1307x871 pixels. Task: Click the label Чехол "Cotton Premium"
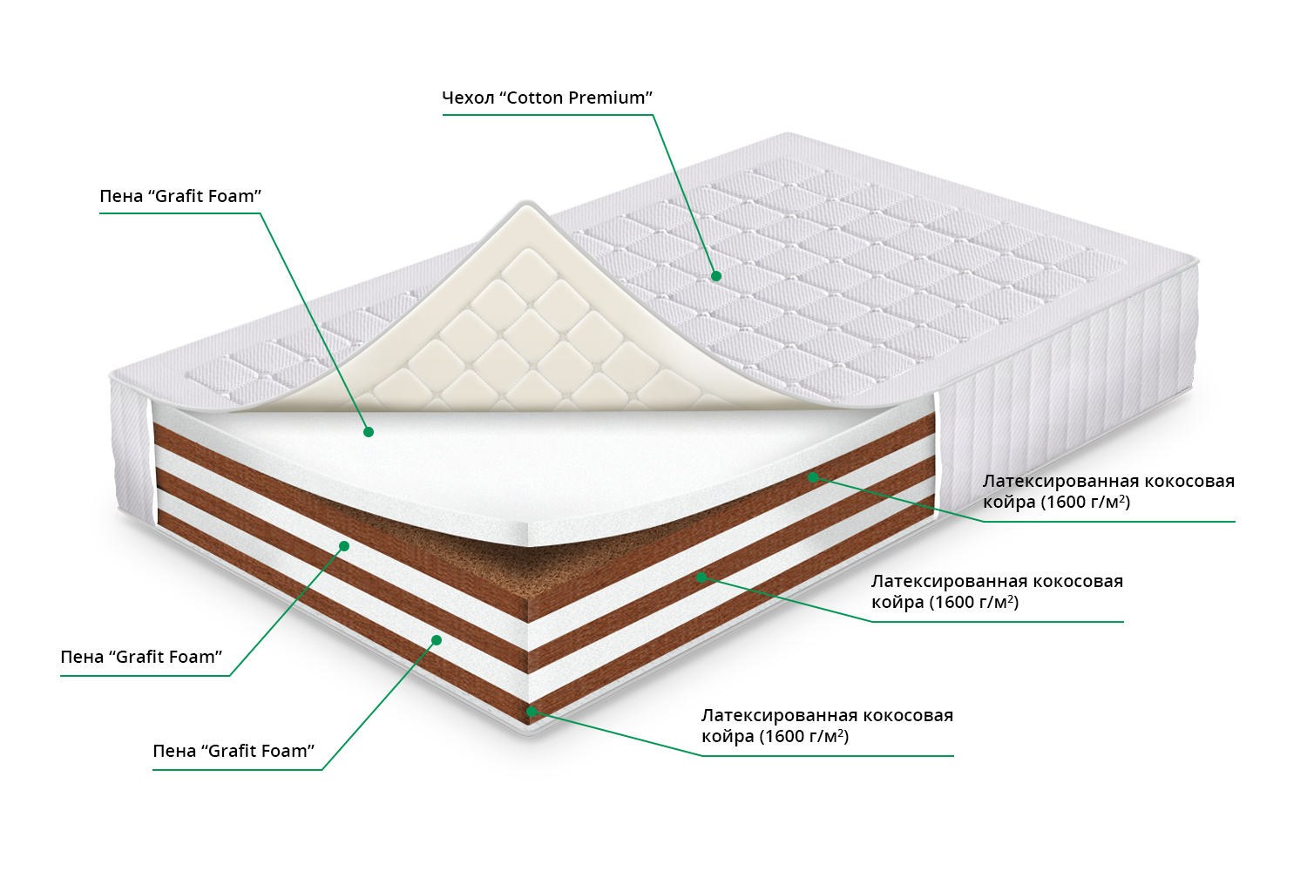pos(547,98)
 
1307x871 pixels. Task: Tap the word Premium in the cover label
pos(610,98)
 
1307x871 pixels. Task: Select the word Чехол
pos(468,98)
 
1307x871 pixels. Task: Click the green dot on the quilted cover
pos(716,276)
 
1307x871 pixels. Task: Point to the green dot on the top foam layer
pos(369,432)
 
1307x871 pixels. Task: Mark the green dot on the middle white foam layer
pos(344,546)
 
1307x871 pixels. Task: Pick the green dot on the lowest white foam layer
pos(437,640)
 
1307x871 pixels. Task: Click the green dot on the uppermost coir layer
pos(812,476)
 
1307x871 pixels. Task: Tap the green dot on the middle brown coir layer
pos(701,577)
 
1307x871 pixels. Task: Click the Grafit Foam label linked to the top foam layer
pos(180,196)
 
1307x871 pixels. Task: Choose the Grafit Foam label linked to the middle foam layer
pos(141,657)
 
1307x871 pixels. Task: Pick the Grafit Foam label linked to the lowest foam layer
pos(234,751)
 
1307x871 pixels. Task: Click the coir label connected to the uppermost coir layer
pos(1108,491)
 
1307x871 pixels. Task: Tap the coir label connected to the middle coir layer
pos(997,591)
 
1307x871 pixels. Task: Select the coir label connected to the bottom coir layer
pos(827,726)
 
